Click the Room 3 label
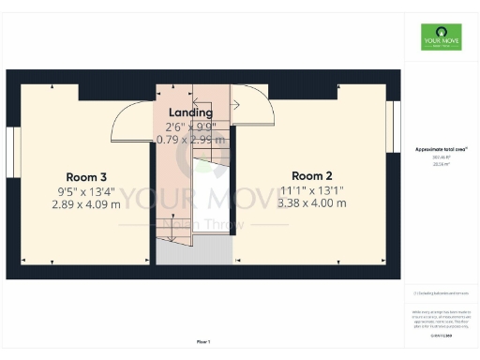tap(86, 177)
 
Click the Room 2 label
tap(311, 176)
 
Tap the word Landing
tap(190, 112)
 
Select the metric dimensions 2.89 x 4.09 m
tap(86, 203)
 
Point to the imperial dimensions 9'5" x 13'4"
tap(86, 190)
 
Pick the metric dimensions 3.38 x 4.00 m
tap(311, 202)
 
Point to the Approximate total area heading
tap(441, 149)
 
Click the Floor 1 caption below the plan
tap(203, 341)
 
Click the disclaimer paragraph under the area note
tap(441, 318)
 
